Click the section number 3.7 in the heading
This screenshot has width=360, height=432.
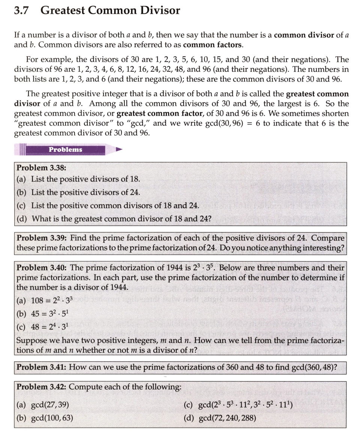[x=21, y=10]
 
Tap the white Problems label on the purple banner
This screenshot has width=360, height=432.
[x=65, y=149]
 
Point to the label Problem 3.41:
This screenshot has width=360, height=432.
[x=42, y=367]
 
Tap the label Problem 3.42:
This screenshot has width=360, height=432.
[x=42, y=387]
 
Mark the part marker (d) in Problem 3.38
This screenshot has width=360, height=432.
[x=22, y=218]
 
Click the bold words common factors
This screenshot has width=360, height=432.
[x=213, y=45]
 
